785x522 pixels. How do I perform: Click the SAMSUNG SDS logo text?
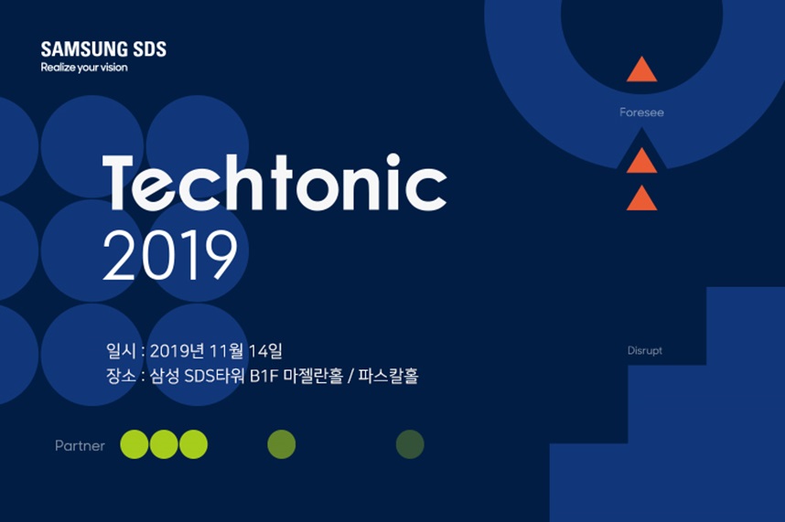[103, 49]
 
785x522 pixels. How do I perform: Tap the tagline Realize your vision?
[84, 68]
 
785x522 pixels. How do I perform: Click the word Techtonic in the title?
[274, 183]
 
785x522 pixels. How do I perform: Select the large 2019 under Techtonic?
[169, 256]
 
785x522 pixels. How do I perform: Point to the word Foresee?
[642, 112]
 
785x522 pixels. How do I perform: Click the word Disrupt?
[645, 350]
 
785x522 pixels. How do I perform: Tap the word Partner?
[81, 445]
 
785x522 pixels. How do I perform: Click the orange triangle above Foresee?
[642, 69]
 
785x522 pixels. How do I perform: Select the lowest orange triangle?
[642, 198]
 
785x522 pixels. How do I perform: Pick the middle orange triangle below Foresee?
[642, 161]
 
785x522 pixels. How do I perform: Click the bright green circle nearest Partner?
[134, 444]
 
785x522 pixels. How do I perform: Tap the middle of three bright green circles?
[164, 444]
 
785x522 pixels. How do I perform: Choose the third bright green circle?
[193, 444]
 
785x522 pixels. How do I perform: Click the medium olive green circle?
[282, 444]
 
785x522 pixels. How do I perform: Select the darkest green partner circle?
[410, 444]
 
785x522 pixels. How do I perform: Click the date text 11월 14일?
[245, 351]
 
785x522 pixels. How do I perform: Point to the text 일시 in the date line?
[121, 351]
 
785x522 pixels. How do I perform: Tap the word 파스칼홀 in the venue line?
[388, 376]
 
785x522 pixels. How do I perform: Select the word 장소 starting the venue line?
[121, 376]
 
